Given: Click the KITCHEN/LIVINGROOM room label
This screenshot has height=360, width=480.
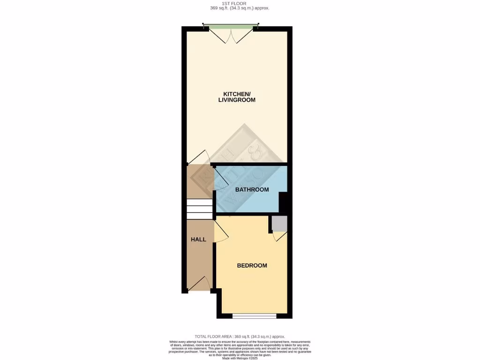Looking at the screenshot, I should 237,97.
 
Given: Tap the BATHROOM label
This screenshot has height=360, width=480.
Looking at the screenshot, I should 252,190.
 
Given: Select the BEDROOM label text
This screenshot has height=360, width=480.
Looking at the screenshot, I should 252,265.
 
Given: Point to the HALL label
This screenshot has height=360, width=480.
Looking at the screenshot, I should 198,240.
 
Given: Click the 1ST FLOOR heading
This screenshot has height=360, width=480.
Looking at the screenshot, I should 240,4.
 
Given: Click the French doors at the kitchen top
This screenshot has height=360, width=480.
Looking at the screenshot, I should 231,34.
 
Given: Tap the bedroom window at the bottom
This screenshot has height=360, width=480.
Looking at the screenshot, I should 255,316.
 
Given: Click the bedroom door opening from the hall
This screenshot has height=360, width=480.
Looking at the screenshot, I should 221,232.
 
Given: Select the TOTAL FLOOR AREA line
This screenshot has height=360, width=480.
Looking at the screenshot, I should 240,337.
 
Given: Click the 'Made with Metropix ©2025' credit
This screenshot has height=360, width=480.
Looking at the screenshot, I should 240,358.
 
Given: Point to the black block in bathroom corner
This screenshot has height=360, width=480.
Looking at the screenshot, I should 284,202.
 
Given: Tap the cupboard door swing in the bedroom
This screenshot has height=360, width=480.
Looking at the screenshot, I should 279,237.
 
